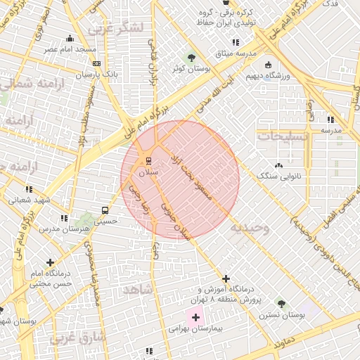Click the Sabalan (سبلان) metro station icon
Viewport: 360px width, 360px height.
(148, 161)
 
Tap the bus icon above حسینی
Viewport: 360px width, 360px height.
(105, 210)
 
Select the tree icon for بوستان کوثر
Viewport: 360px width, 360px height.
(191, 57)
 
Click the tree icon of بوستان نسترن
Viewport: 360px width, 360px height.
(281, 304)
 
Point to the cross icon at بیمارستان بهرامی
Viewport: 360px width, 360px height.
(195, 318)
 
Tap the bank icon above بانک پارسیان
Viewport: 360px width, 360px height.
(96, 63)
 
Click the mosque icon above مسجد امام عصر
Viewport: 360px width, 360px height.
(69, 39)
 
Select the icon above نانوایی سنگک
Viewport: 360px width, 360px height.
(279, 166)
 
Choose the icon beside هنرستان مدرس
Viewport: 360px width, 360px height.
(64, 218)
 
